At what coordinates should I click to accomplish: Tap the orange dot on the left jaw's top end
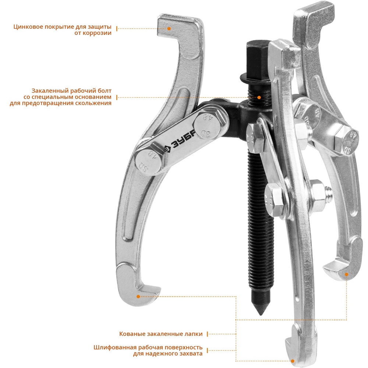click(x=169, y=28)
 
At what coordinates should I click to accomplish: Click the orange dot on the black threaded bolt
click(x=259, y=98)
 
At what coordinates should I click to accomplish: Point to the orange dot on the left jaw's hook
click(x=138, y=296)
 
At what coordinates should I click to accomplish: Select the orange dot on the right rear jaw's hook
click(x=346, y=274)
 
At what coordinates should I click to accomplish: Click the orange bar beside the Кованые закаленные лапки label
click(x=207, y=334)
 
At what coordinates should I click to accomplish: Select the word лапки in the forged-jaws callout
click(x=193, y=334)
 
